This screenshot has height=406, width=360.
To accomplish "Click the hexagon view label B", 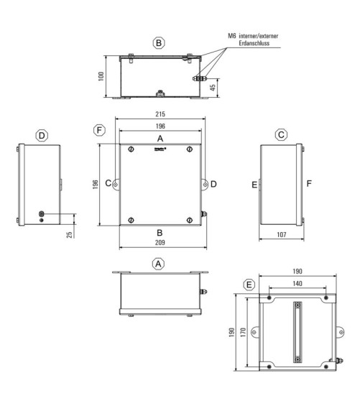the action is [159, 43].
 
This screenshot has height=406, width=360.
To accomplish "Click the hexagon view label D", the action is [42, 135].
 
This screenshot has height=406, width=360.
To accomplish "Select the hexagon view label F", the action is [99, 130].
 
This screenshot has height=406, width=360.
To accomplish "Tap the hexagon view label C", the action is [281, 134].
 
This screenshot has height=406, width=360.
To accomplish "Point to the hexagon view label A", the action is [158, 264].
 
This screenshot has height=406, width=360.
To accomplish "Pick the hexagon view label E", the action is [249, 285].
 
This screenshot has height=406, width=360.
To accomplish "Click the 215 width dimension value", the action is [160, 114].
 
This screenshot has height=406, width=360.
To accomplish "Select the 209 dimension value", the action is [160, 243].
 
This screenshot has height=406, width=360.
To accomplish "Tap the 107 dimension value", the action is [282, 234].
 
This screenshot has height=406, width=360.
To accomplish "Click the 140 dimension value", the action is [297, 284].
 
